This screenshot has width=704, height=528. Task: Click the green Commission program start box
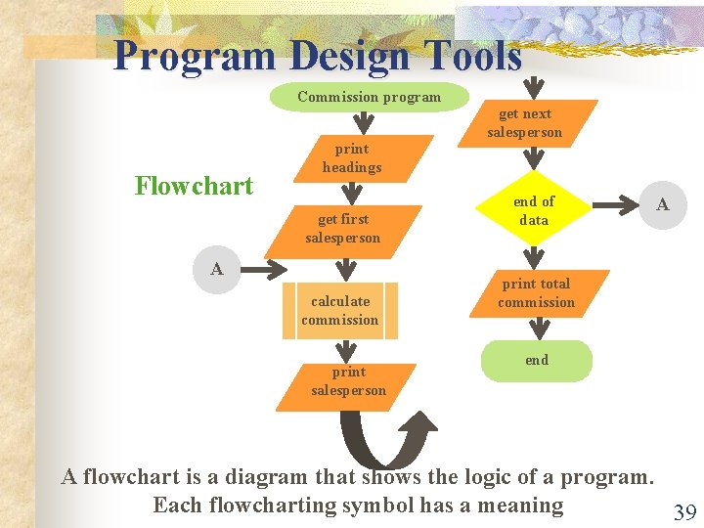369,97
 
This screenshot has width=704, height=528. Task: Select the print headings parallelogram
352,158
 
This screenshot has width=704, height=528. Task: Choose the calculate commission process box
339,311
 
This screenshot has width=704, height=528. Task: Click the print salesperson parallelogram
348,381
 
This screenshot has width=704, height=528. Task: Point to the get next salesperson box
525,123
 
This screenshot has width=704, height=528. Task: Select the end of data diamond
534,210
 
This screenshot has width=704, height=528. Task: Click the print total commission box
536,293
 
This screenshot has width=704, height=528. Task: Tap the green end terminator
537,360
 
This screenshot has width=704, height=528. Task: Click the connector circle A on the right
662,205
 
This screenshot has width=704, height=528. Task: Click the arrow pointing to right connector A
618,206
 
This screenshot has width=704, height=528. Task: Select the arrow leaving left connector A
262,268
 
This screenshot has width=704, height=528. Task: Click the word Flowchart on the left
194,186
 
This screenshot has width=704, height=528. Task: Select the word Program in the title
194,57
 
